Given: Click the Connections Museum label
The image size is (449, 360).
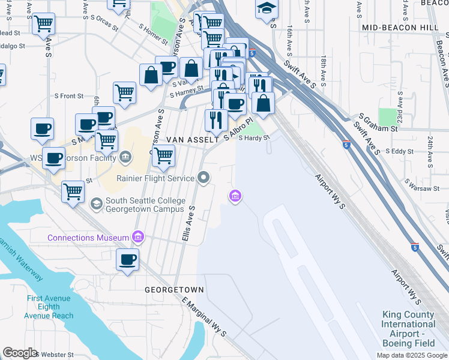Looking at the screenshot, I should [x=89, y=238].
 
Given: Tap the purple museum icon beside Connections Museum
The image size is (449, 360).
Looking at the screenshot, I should [x=139, y=238].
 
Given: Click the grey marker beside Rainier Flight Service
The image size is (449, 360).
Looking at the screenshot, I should [x=203, y=178].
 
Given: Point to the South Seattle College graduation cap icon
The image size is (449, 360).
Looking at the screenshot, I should [x=96, y=204].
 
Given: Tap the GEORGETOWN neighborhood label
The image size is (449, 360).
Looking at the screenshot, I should [x=174, y=290].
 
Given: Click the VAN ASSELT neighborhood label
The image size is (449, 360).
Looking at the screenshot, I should [x=191, y=139].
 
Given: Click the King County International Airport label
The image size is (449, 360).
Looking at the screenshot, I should [x=409, y=329].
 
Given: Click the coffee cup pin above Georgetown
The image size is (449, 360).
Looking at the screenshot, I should [x=127, y=260].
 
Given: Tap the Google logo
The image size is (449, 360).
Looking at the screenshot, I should [x=20, y=353].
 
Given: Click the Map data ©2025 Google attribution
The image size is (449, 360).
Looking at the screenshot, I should [x=412, y=355].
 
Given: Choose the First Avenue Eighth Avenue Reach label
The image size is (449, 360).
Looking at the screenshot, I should [x=50, y=307].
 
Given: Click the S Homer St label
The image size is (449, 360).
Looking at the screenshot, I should [x=153, y=34].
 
